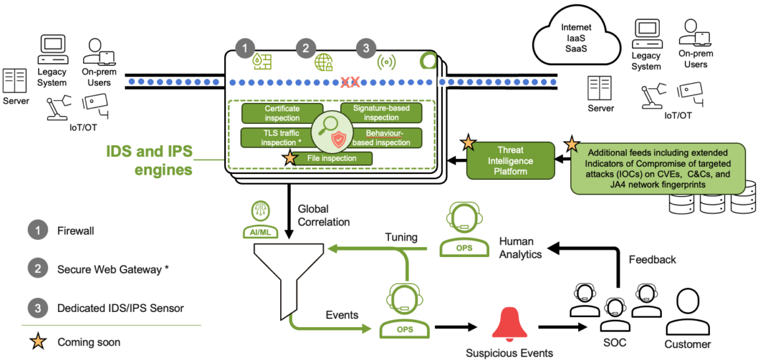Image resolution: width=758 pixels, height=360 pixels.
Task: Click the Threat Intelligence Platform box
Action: coord(510,161)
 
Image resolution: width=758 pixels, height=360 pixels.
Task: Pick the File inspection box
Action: coord(332,158)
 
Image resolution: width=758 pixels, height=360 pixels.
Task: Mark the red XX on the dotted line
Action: coord(350,82)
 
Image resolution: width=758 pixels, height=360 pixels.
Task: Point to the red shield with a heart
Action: coord(338,139)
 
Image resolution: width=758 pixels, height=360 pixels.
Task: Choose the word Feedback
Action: coord(652,260)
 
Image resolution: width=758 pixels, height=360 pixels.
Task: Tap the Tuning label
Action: coord(401,236)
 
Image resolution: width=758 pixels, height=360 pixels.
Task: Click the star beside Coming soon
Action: coord(38,342)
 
